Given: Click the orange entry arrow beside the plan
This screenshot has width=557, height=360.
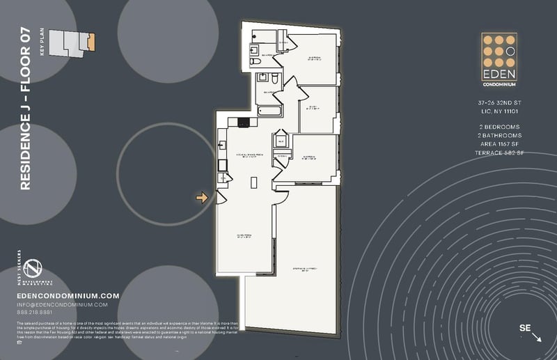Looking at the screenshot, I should pos(203,198).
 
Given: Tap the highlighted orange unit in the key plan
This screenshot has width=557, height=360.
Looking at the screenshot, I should pos(91,42).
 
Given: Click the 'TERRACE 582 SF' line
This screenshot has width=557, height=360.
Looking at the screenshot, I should pos(499,152).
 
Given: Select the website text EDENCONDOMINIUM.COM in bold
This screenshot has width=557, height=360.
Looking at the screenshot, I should pos(68,295).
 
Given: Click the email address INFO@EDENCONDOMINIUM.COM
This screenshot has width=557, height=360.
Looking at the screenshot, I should pos(62,304).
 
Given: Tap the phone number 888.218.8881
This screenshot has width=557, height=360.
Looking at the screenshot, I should pos(39,313).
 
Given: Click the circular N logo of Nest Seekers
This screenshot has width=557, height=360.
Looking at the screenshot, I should pos(30,267).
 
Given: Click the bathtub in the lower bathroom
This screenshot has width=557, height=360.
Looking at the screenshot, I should pos(267,111).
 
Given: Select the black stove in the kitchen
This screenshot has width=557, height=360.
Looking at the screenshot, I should pos(243,123).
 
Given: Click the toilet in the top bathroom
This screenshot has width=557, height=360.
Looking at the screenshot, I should pos(253,50).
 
